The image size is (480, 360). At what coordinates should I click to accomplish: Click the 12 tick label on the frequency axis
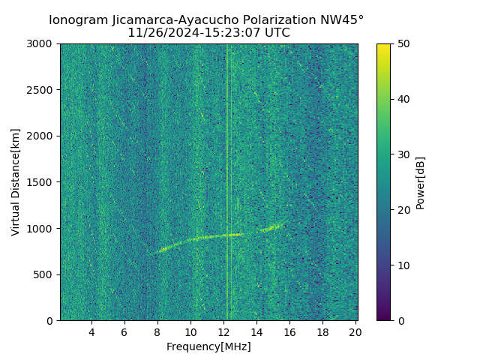point(223,332)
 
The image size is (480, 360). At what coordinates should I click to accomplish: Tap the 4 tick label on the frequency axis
point(91,332)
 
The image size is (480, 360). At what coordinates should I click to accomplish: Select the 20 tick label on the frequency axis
point(355,332)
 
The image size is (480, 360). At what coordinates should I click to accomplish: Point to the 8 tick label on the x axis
point(157,332)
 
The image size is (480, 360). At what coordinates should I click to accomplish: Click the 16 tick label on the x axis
point(289,332)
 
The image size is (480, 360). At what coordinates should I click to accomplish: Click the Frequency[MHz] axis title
point(208,346)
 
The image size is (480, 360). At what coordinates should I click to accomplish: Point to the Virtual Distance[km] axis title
point(16,182)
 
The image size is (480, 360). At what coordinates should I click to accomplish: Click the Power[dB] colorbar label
point(421,182)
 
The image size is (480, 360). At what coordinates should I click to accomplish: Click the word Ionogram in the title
point(78,20)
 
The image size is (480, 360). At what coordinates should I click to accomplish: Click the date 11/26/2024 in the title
point(160,33)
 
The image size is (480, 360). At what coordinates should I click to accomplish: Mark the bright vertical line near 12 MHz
point(227,150)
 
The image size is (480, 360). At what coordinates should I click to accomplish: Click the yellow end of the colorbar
point(383,46)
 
